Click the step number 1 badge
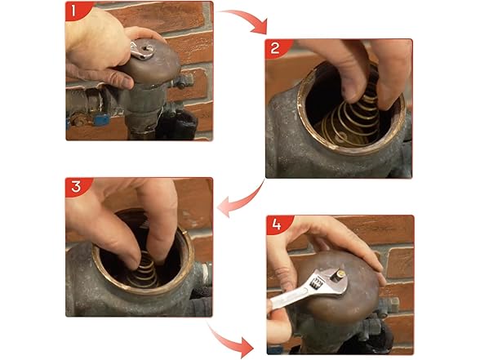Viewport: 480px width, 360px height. (x=75, y=11)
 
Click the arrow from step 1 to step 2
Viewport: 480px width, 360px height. (x=245, y=20)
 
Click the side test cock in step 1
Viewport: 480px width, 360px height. (x=187, y=81)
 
